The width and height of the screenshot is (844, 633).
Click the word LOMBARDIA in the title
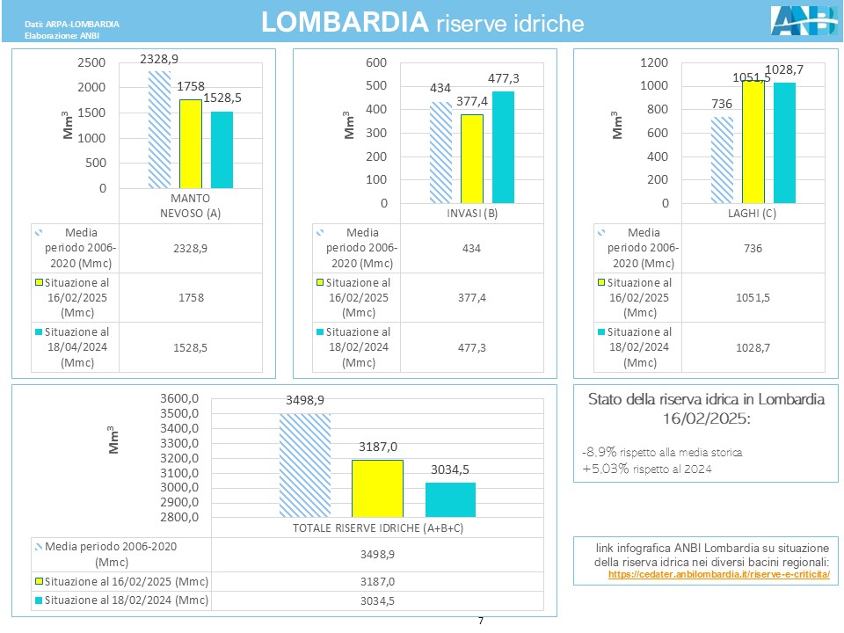[x=345, y=23]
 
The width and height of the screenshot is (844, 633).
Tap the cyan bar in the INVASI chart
[x=503, y=147]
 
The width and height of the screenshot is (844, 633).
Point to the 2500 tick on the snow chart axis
[x=91, y=63]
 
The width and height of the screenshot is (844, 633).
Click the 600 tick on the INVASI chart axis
[x=375, y=62]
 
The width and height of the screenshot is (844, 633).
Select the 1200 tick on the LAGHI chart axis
[x=652, y=62]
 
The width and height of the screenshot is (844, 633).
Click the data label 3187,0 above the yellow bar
[x=377, y=447]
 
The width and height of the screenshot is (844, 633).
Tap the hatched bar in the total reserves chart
[x=304, y=464]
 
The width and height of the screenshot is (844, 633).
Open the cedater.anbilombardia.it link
[x=718, y=574]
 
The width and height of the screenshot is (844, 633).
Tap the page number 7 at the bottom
[x=481, y=622]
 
